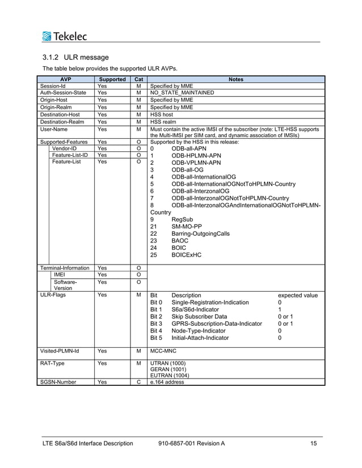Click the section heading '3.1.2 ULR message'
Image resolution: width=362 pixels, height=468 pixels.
point(75,58)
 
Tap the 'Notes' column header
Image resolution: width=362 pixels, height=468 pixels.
point(235,79)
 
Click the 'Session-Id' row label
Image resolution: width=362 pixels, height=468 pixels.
point(52,86)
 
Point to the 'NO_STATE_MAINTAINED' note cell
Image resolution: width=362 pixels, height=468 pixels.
point(182,92)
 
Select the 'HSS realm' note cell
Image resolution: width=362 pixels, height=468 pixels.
point(164,121)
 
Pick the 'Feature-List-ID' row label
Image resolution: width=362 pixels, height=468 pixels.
point(70,155)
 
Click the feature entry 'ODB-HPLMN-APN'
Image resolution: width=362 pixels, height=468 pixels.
point(196,155)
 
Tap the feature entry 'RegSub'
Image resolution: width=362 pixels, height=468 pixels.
point(182,219)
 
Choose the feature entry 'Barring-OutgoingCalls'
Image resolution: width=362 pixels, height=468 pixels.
point(200,233)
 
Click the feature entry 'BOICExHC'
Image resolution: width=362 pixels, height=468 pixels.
point(186,255)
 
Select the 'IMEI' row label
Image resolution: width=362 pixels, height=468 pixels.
point(59,275)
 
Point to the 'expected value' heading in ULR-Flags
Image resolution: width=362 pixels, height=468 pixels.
point(297,295)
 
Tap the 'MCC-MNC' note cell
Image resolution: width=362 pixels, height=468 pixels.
point(164,351)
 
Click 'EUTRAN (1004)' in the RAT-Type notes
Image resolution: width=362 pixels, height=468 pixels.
point(170,375)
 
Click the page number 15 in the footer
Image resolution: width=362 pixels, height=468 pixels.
point(314,443)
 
